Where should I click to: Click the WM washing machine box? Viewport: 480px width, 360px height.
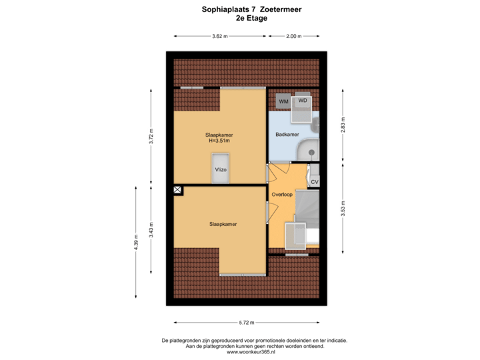tap(283, 101)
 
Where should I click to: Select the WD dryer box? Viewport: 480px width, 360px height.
tap(303, 101)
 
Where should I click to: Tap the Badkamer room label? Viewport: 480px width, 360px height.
tap(286, 135)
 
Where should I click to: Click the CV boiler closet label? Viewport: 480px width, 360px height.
tap(315, 181)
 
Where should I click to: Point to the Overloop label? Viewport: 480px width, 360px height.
tap(283, 195)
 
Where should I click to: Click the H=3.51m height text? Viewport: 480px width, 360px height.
tap(219, 141)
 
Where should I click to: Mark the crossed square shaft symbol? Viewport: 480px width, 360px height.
tap(177, 190)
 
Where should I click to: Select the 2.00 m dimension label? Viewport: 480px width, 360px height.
tap(293, 36)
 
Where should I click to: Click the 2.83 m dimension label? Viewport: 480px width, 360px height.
tap(343, 125)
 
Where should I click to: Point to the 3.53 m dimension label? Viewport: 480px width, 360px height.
tap(343, 207)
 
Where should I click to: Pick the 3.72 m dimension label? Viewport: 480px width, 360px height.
tap(152, 137)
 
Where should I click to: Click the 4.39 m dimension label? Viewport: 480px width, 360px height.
tap(136, 241)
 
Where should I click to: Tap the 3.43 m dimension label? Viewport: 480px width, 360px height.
tap(152, 228)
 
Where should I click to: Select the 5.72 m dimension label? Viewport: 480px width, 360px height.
tap(247, 322)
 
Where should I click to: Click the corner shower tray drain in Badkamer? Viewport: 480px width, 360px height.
tap(311, 153)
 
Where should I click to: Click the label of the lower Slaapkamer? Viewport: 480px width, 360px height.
tap(223, 224)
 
